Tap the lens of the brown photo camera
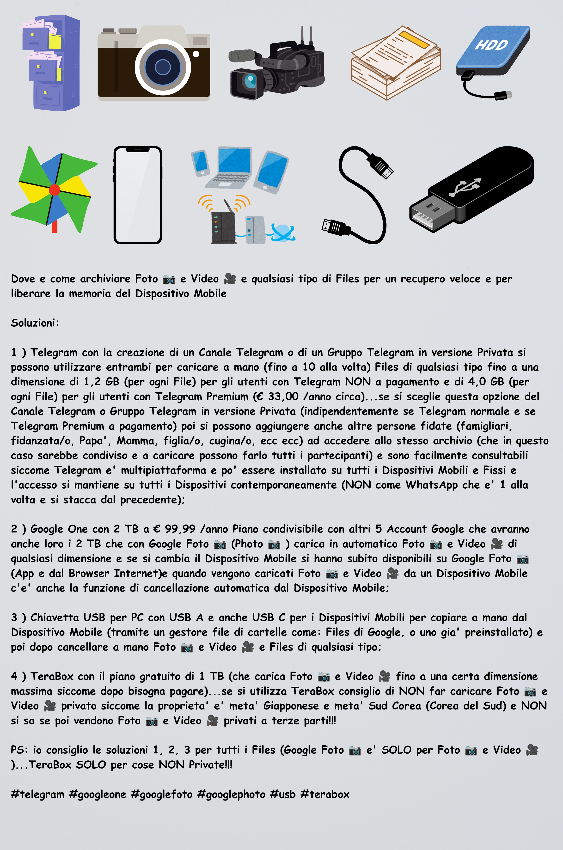pos(163,67)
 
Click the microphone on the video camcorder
pos(241,56)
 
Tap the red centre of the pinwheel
pos(55,190)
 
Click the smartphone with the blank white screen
pos(138,195)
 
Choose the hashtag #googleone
pos(97,794)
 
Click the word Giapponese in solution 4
pos(291,706)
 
